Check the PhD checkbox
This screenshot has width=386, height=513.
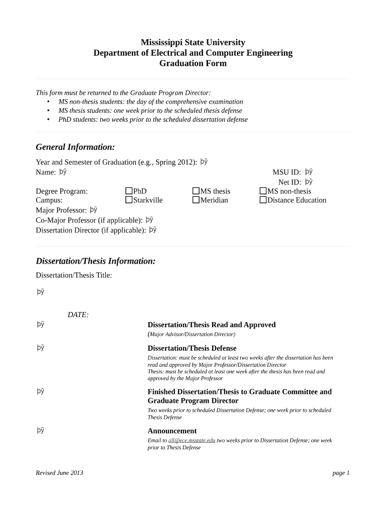(x=129, y=191)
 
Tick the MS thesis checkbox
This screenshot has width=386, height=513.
(x=196, y=191)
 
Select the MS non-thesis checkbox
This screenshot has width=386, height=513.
(x=263, y=191)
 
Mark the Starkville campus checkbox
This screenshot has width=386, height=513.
(x=129, y=200)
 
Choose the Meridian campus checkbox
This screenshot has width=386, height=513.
(x=196, y=200)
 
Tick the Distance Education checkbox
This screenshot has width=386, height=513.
(x=263, y=200)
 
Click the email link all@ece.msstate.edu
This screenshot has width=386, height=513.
(x=191, y=440)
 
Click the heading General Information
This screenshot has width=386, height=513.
(x=75, y=147)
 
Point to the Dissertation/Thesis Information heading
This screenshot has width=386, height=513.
(x=96, y=261)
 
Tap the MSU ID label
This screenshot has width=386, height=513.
(x=286, y=172)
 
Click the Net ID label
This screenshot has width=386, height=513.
(x=289, y=182)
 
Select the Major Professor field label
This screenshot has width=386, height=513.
(x=61, y=210)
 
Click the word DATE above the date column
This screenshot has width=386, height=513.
(x=78, y=315)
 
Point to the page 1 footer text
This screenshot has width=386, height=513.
(x=341, y=473)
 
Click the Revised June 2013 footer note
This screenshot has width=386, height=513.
(x=60, y=473)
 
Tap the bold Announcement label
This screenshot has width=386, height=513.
(x=172, y=431)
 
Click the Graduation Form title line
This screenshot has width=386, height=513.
(x=193, y=64)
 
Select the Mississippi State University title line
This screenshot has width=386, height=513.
(x=193, y=43)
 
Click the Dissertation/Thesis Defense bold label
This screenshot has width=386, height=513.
(x=192, y=348)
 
